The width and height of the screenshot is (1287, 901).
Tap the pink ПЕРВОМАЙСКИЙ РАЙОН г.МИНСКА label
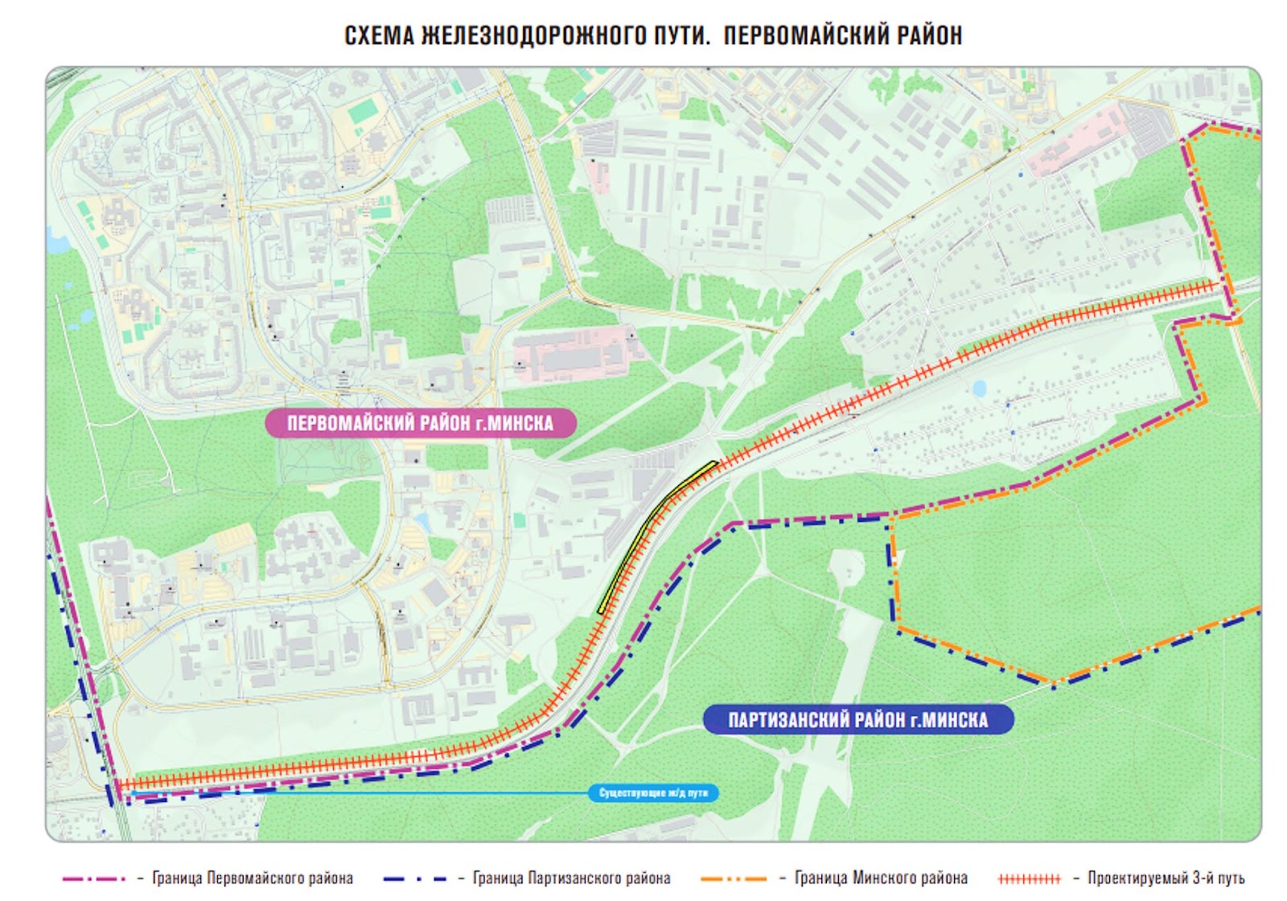(x=420, y=423)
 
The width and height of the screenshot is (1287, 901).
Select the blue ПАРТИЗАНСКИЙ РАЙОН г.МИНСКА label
(x=857, y=719)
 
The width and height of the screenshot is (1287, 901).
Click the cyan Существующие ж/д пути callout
(x=653, y=793)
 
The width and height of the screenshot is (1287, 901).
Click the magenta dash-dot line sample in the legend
(x=94, y=878)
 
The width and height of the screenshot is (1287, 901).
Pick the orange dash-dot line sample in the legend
(x=733, y=878)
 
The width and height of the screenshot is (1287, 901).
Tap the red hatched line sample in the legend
(x=1029, y=878)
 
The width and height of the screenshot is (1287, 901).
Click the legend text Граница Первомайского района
(x=252, y=878)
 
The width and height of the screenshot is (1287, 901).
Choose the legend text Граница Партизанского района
(x=571, y=878)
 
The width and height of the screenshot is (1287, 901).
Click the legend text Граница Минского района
(x=881, y=878)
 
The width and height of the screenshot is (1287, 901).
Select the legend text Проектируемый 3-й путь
(x=1166, y=878)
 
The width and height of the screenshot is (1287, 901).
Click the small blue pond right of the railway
(x=979, y=389)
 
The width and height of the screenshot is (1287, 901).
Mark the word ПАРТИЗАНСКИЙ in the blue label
(x=787, y=719)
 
